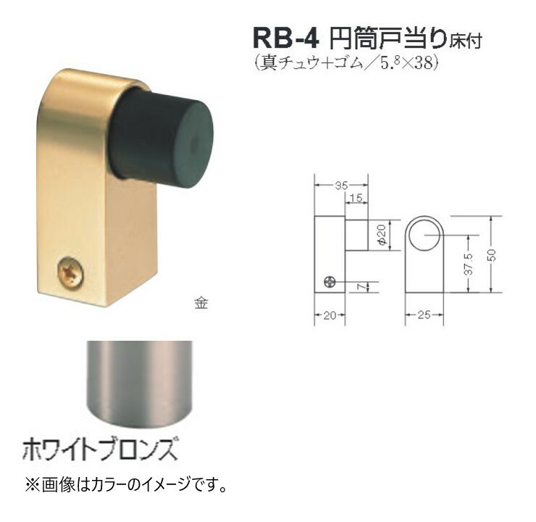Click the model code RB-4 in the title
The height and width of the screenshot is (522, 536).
tap(286, 38)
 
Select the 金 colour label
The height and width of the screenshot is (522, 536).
tap(201, 303)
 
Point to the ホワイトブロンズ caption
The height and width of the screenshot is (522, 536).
tap(99, 449)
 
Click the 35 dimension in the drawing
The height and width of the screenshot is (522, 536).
tap(341, 186)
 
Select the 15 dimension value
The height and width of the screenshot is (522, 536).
tap(356, 198)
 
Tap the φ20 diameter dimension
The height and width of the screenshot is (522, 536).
tap(382, 235)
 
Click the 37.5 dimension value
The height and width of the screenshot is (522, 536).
tap(469, 264)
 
